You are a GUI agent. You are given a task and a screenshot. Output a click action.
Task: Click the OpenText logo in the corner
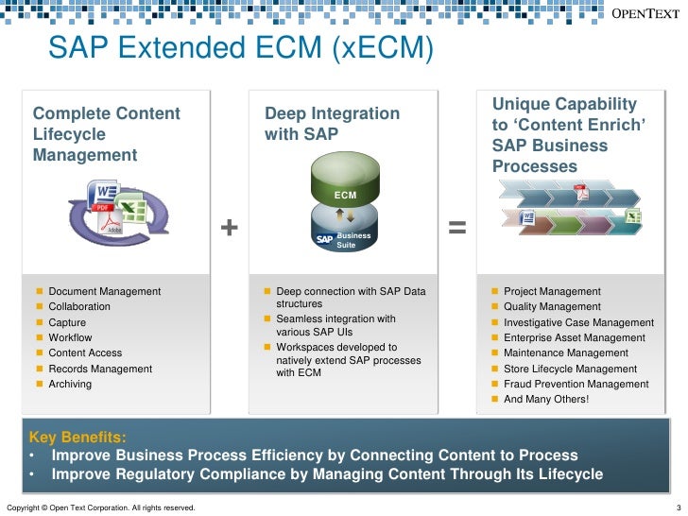click(644, 13)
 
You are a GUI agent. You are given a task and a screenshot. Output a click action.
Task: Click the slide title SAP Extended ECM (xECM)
click(240, 47)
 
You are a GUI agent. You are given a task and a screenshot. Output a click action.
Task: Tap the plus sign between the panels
click(229, 228)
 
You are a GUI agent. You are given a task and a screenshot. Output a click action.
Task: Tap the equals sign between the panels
click(456, 228)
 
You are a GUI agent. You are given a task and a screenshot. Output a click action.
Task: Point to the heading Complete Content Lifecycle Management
click(107, 134)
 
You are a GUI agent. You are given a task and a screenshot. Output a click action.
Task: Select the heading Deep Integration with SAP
click(332, 124)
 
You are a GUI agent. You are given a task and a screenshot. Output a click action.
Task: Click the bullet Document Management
click(104, 291)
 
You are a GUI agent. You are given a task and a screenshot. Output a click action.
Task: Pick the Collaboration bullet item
click(79, 307)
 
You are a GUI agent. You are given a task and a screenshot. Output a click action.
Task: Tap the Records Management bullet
click(100, 369)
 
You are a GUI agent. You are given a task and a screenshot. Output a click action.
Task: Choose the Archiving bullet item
click(71, 384)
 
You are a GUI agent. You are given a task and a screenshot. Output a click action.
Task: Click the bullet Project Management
click(552, 291)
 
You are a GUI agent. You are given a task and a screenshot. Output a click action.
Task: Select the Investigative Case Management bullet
click(578, 322)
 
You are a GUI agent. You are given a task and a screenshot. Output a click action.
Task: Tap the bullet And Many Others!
click(546, 399)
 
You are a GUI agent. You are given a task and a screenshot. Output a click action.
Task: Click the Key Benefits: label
click(77, 437)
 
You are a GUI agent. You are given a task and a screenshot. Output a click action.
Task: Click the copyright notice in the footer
click(101, 508)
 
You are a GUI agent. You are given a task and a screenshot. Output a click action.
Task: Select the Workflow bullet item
click(70, 337)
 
